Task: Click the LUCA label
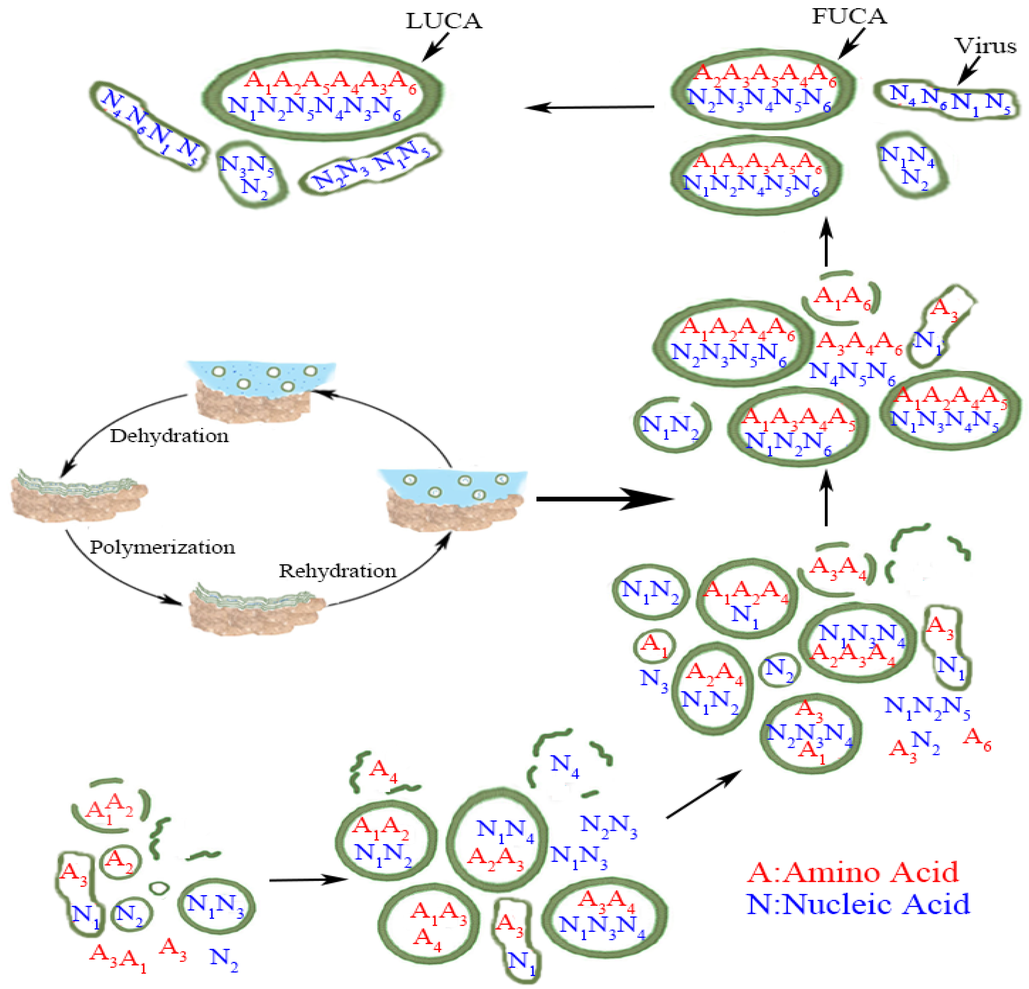444,21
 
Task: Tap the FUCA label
849,16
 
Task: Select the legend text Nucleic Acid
858,904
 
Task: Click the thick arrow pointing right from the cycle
604,499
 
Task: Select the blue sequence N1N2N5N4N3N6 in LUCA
315,108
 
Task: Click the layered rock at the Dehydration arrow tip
79,493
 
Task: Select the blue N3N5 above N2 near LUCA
246,165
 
